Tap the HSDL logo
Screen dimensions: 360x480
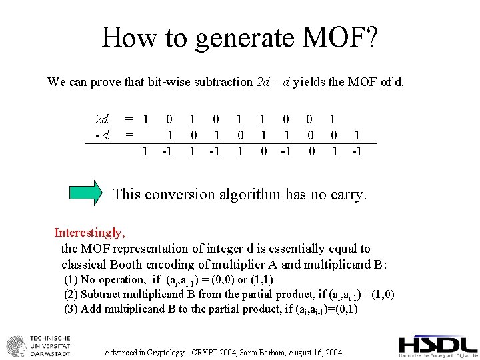437,345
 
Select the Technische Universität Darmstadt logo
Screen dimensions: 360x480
39,345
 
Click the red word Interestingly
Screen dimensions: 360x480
89,233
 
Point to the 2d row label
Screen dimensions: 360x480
102,120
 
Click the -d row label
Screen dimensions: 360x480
102,135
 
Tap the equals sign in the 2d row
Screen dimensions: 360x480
130,120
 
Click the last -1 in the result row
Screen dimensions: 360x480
357,151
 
